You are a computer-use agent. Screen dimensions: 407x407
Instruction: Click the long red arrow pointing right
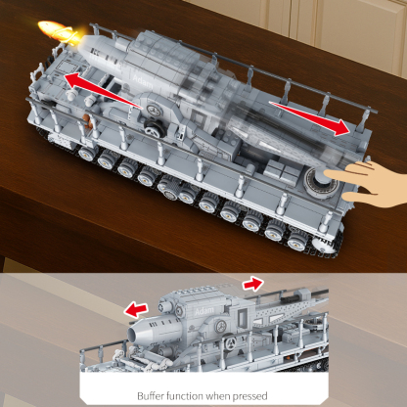(x=308, y=114)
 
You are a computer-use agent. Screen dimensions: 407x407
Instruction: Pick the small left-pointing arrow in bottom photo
(x=136, y=309)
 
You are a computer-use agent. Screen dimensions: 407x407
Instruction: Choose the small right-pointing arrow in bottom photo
(x=253, y=284)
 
